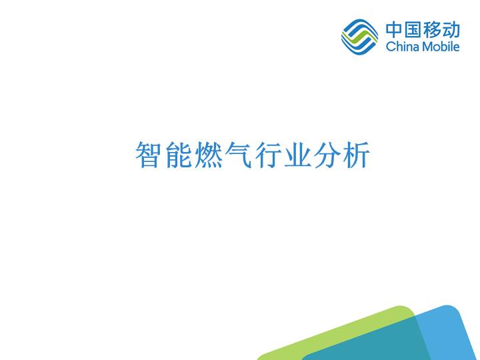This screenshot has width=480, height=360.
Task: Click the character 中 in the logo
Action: tap(394, 31)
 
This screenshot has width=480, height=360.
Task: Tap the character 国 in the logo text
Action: tap(413, 31)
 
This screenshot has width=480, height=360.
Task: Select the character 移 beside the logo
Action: tap(433, 31)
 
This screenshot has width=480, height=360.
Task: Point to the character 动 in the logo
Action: tap(451, 31)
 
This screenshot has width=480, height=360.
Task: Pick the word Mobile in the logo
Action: tap(439, 47)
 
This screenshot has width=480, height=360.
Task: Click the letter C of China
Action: tap(390, 47)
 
